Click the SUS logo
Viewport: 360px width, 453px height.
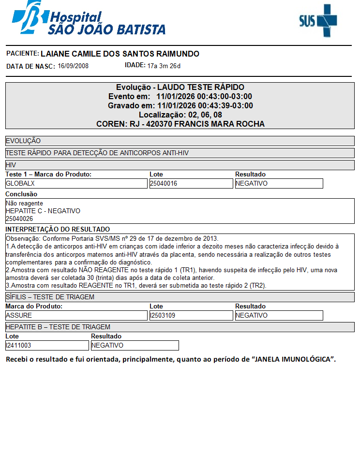coord(317,20)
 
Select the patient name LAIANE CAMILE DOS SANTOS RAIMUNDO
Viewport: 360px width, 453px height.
coord(120,54)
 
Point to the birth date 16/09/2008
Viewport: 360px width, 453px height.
coord(73,66)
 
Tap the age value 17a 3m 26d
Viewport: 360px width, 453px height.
coord(164,66)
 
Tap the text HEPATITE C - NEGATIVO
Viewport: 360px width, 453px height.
coord(43,211)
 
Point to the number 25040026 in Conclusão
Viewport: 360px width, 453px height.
coord(19,219)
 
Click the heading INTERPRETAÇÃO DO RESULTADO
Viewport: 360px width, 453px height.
coord(58,229)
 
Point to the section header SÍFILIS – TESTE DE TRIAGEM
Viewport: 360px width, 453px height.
coord(50,297)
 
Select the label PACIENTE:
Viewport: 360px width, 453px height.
coord(22,53)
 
